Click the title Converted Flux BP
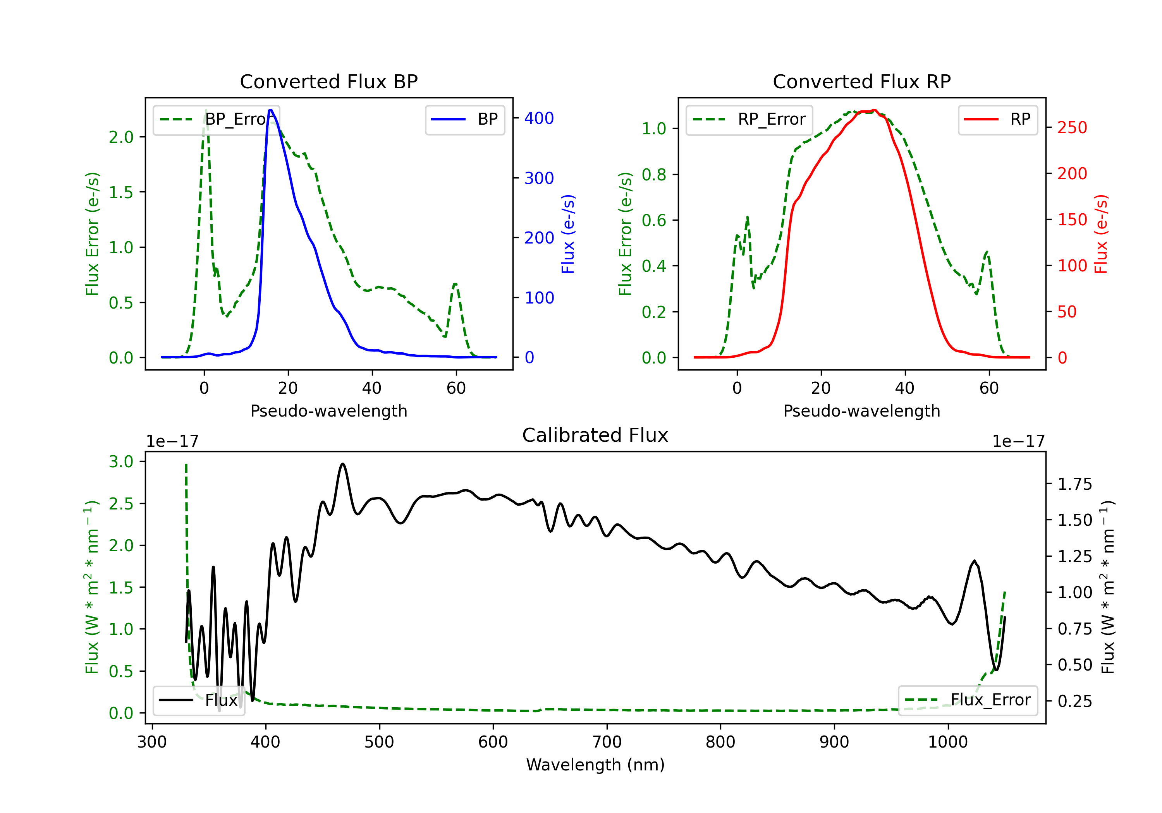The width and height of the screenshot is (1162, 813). [328, 81]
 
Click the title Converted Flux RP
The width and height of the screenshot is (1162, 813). [861, 81]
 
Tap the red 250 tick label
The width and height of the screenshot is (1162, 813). [1072, 127]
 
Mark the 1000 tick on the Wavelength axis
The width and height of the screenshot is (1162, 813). [947, 742]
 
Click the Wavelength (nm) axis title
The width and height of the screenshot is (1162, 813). [595, 765]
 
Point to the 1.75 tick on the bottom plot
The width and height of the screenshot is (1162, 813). [1074, 484]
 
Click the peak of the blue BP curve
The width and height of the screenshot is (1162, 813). [271, 110]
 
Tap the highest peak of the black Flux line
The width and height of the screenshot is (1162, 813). [343, 463]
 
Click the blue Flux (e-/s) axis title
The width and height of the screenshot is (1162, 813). [568, 234]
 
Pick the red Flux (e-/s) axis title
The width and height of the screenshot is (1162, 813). [1101, 234]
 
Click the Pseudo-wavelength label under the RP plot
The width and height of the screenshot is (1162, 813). [861, 411]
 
